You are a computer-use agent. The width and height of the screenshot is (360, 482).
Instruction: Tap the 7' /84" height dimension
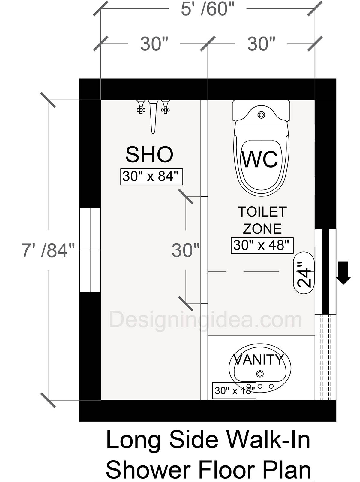tap(48, 250)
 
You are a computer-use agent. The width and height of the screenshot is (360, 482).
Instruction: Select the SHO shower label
tap(149, 155)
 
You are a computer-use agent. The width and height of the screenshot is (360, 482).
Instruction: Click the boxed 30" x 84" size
tap(152, 177)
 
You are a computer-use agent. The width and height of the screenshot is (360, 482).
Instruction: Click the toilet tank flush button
tap(262, 114)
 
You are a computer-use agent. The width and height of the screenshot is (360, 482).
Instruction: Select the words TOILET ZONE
tap(262, 220)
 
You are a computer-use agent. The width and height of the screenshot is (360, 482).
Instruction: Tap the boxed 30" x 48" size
tap(262, 245)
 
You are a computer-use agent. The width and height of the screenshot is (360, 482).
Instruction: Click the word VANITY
tap(259, 359)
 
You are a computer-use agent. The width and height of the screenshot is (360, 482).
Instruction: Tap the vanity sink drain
tap(260, 374)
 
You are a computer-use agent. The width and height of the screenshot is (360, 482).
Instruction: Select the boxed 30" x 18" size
tap(234, 390)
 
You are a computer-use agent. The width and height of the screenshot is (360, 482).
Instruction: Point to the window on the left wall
tap(90, 250)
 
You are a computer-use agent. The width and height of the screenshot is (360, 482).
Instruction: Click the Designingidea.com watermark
tap(206, 320)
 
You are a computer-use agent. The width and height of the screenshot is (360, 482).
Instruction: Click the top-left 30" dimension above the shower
tap(154, 44)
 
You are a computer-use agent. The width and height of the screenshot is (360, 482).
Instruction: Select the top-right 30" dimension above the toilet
tap(261, 44)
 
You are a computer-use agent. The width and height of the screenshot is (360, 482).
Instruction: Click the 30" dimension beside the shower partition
tap(186, 250)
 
